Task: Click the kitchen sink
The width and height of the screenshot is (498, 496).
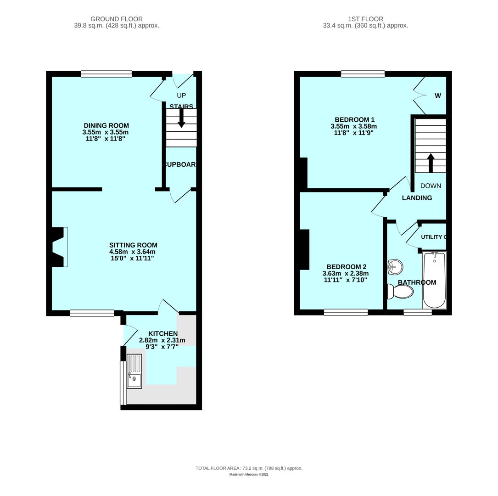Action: pos(134,371)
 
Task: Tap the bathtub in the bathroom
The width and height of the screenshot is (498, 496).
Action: pos(434,280)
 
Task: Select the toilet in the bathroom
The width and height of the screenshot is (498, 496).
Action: pos(401,291)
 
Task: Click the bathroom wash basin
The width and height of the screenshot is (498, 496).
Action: pos(395,267)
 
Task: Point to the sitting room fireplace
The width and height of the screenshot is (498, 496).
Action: pos(59,247)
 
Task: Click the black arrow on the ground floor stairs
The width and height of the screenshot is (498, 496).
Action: pos(181,118)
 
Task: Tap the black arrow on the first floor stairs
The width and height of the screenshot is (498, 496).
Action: pos(431,163)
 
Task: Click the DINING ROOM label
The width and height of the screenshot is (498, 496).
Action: pos(106,125)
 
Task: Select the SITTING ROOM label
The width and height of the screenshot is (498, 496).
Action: pos(133,245)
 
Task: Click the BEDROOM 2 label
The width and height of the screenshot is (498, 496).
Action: pos(346,267)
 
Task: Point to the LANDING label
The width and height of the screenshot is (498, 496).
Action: pos(417,198)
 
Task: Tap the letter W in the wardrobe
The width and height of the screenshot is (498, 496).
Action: pos(438,96)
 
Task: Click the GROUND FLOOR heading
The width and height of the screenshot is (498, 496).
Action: pos(117,19)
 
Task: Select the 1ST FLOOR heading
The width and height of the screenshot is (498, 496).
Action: pos(365,19)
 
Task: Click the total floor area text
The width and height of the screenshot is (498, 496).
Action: pos(249,468)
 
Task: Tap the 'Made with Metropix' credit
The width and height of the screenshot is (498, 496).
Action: pos(249,474)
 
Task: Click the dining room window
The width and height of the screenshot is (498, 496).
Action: pos(106,73)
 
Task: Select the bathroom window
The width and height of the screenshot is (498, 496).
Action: pos(418,312)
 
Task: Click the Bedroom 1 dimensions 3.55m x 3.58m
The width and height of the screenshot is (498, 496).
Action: pos(353,126)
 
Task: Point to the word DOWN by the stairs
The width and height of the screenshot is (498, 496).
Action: pos(431,186)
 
